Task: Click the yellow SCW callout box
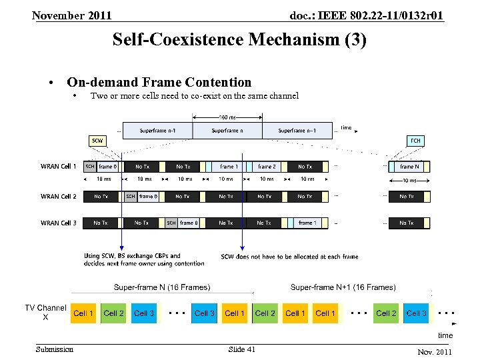pos(97,141)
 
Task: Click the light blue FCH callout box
pos(415,141)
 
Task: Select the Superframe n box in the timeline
pos(227,131)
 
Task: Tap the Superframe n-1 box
pos(158,131)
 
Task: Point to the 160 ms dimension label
pos(227,117)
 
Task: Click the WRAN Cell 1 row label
pos(59,166)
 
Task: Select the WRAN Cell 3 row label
pos(59,223)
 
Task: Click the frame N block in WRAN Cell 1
pos(409,166)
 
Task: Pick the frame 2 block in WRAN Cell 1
pos(267,166)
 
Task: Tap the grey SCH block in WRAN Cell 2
pos(131,197)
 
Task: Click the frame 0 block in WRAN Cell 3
pos(189,223)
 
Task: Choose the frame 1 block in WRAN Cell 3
pos(307,223)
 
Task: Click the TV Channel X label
pos(45,313)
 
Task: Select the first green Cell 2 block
pos(114,313)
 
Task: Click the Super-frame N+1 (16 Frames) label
pos(343,287)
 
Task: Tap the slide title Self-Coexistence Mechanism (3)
pos(239,40)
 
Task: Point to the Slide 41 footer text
pos(241,349)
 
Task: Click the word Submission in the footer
pos(55,349)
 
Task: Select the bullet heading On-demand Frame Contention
pos(159,83)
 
